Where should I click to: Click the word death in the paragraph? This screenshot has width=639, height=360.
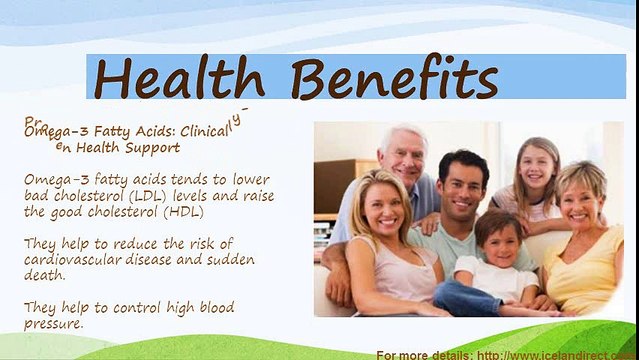tap(45, 276)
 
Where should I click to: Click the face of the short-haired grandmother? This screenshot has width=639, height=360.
tap(581, 196)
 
